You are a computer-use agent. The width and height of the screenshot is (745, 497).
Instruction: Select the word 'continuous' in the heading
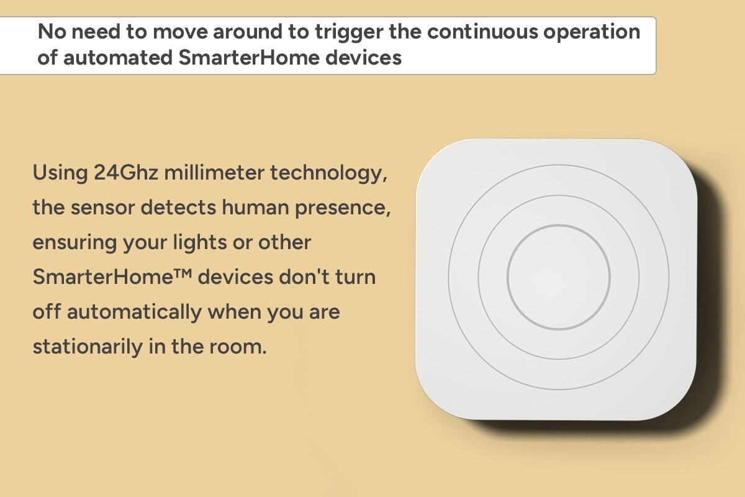pos(482,32)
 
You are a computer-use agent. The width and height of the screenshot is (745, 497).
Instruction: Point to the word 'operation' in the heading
pos(592,33)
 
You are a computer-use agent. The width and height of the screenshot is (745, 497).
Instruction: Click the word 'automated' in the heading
pos(118,58)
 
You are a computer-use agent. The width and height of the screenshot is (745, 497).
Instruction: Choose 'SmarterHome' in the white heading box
pos(249,57)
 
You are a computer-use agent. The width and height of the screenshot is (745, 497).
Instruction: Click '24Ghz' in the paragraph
pos(126,173)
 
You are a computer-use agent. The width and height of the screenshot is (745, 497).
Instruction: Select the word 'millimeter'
pos(214,173)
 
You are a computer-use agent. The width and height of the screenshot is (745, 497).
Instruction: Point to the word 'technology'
pos(328,174)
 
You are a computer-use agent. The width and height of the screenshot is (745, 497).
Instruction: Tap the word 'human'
pos(255,207)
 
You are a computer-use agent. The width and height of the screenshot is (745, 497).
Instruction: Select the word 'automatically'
pos(134,312)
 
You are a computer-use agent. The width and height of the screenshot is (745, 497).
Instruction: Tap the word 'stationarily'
pos(88,347)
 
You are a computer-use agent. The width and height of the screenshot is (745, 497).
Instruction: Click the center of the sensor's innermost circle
pos(559,277)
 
